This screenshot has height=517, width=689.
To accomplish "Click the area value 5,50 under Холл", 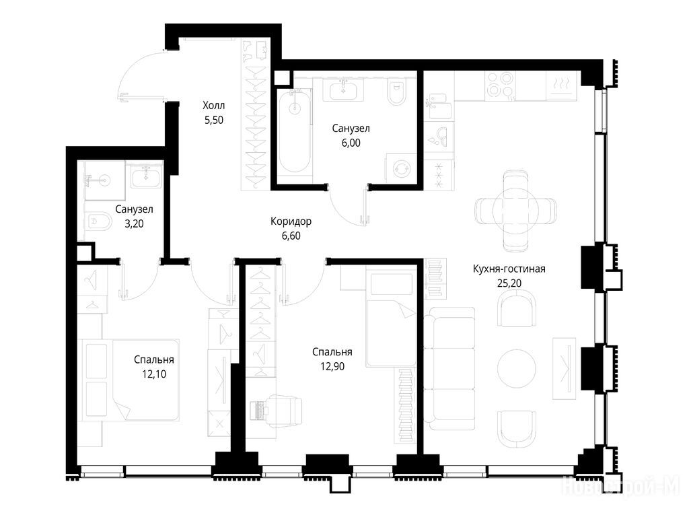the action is pos(214,120).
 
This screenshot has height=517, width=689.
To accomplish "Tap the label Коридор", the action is pos(291,221).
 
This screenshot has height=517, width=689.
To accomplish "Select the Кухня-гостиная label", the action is pos(509,269).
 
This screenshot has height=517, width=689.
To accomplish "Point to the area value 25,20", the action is pos(509,283).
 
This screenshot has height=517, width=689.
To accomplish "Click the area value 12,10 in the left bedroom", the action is pos(154,374).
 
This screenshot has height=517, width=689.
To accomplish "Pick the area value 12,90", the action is pos(332,366).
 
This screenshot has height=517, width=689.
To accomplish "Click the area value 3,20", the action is pos(134,223).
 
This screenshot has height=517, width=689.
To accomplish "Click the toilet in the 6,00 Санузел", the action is pos(396,92).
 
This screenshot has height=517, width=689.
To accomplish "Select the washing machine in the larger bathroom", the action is pos(401,168).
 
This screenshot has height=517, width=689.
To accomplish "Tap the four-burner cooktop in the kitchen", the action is pos(500,85).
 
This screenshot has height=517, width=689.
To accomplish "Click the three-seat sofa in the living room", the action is pos(450,368).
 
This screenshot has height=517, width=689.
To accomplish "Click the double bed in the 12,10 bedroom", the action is pos(129,380).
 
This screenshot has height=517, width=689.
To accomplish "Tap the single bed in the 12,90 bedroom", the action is pos(391,318).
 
